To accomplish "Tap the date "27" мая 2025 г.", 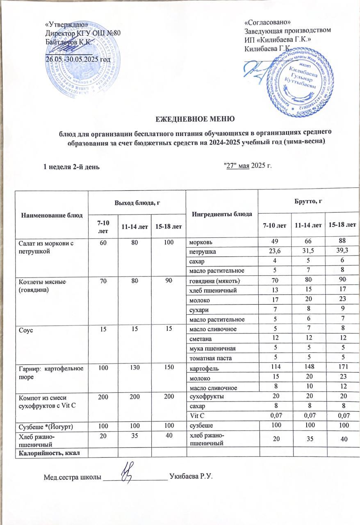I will point(246,165).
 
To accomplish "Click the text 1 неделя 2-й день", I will point(71,166).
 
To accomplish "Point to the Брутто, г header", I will point(308,203).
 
